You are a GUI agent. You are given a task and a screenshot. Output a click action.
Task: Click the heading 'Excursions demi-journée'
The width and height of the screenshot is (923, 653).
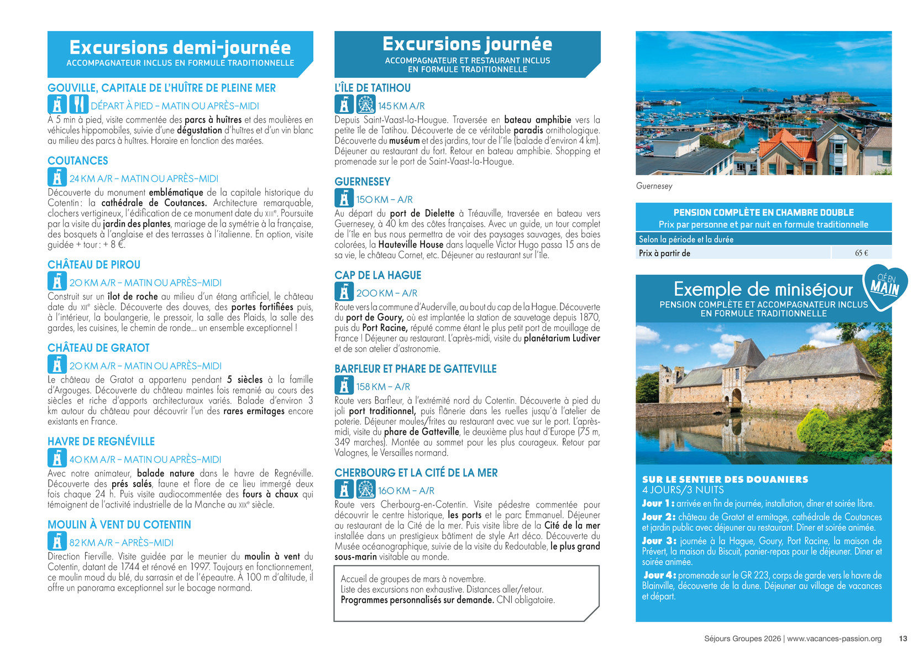tap(180, 47)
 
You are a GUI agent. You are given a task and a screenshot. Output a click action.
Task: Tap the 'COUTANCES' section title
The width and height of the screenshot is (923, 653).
tap(78, 161)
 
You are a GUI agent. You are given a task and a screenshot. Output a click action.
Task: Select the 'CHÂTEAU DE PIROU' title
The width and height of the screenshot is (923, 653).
tap(94, 265)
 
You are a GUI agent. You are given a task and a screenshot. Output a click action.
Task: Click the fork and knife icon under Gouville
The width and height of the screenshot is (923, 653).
tap(79, 105)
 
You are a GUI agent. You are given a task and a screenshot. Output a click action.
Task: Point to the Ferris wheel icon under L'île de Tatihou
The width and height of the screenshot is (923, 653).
tap(365, 105)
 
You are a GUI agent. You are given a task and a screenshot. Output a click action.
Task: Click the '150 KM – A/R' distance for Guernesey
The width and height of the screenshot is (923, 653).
tap(384, 200)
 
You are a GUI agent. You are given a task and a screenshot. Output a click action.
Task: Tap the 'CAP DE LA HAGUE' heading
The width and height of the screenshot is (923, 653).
tap(377, 275)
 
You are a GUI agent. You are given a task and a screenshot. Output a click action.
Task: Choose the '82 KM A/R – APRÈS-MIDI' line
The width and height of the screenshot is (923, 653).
tap(121, 542)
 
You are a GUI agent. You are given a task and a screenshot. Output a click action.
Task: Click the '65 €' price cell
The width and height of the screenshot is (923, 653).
tap(861, 253)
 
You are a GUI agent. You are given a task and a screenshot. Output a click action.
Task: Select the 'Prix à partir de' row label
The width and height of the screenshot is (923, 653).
tap(664, 253)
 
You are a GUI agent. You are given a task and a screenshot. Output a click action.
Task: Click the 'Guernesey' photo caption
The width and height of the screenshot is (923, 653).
tap(654, 186)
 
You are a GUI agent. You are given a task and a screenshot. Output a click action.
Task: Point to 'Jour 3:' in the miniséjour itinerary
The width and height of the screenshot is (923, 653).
tap(659, 541)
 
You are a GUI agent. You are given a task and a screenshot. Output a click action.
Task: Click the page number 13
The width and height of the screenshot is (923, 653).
tap(903, 639)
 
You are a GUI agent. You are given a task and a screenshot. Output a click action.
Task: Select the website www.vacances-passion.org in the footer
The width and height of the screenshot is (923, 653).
tap(834, 639)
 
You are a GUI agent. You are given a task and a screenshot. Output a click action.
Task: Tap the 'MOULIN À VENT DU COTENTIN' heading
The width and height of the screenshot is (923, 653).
tap(119, 525)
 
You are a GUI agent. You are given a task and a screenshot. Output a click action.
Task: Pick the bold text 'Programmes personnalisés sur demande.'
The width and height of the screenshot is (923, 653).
tap(417, 600)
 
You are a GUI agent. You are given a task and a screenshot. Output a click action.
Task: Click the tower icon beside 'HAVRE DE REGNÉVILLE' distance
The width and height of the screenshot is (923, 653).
tap(57, 458)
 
